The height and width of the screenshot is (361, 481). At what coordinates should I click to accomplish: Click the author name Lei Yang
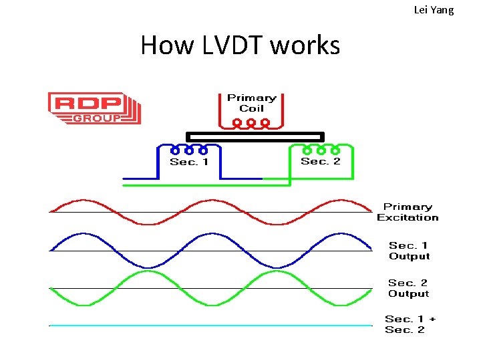[434, 10]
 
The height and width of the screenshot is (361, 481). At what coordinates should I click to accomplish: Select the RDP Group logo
[94, 108]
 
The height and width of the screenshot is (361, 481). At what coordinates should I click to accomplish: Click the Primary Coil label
[251, 103]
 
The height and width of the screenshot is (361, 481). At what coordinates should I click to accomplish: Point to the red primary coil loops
[251, 123]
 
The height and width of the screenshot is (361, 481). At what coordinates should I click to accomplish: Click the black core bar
[254, 136]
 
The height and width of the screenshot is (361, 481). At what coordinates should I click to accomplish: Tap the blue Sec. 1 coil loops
[189, 150]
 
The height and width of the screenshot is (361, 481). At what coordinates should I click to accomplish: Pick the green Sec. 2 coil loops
[321, 150]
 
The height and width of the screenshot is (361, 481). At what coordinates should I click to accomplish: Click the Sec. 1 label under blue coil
[189, 162]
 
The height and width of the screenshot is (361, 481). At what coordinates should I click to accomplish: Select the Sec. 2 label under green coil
[321, 161]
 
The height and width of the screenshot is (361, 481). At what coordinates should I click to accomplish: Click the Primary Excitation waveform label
[408, 212]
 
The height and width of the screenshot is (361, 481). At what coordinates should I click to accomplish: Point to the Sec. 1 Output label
[409, 251]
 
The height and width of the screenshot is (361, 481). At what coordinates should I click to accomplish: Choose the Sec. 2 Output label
[409, 288]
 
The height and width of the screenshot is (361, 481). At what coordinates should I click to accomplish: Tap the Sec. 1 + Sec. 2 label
[409, 324]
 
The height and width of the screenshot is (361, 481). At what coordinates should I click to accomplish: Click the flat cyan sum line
[210, 326]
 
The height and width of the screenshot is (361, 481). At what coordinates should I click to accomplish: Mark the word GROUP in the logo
[97, 118]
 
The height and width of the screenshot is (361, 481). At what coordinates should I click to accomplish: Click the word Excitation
[408, 217]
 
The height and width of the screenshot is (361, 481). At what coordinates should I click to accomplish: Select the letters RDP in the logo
[88, 104]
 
